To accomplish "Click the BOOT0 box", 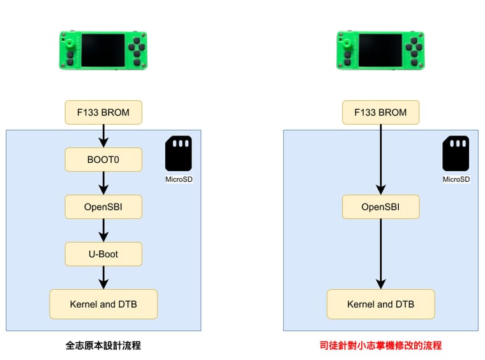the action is (x=103, y=160).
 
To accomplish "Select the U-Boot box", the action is (x=103, y=254).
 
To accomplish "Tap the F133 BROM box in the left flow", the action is (x=103, y=112).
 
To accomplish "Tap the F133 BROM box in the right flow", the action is (x=381, y=112).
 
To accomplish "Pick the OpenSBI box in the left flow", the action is (x=103, y=207).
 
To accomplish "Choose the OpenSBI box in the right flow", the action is (x=381, y=207).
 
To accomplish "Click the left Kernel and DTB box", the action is (x=103, y=304).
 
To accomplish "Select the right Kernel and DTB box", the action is (x=381, y=304).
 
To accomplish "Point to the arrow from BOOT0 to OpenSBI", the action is (x=103, y=183).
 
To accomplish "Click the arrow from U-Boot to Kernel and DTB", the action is (x=103, y=278).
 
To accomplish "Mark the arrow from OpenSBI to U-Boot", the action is (x=103, y=230).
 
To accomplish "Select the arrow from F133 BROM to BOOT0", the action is (x=103, y=136).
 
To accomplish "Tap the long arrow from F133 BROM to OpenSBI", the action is (x=381, y=160).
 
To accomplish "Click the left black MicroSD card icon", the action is (x=179, y=153).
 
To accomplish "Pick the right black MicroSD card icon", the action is (x=456, y=153).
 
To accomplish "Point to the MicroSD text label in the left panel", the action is (x=179, y=179).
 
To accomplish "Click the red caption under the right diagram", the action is (x=381, y=345).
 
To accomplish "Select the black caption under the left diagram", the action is (x=103, y=345).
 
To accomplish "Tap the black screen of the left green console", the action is (x=103, y=50).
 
